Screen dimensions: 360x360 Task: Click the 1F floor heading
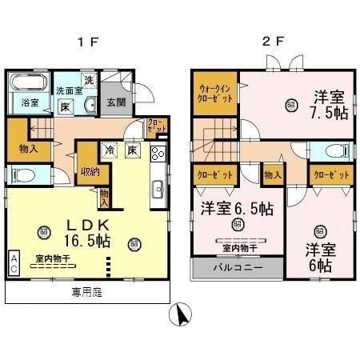point(90,42)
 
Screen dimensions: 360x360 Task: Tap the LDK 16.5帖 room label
point(88,231)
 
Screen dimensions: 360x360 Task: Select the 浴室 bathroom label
point(30,103)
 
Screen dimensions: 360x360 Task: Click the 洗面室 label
point(67,91)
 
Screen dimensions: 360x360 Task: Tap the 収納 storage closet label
point(90,170)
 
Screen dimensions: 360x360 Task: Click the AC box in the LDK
point(14,262)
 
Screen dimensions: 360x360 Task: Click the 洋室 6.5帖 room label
point(236,208)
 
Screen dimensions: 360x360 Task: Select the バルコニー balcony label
point(236,269)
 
